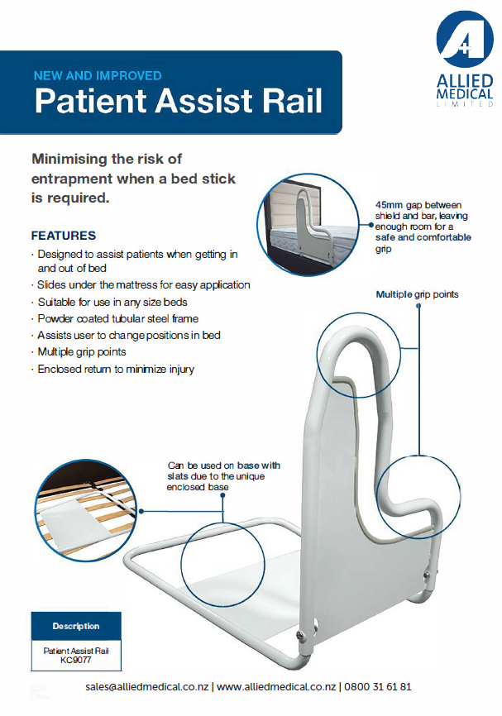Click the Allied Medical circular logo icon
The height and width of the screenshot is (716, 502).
click(x=465, y=40)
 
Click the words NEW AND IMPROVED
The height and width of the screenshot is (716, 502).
click(x=98, y=75)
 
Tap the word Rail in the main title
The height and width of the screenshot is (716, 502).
click(x=290, y=101)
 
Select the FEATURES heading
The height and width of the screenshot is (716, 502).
click(x=64, y=236)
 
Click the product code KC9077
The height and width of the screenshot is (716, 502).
click(x=76, y=660)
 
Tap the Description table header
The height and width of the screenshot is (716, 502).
click(x=76, y=626)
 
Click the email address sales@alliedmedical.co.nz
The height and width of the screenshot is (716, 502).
click(x=146, y=687)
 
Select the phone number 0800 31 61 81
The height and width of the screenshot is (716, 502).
click(x=378, y=687)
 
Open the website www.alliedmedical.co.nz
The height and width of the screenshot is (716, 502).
click(x=276, y=687)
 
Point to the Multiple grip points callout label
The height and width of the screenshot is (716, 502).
click(x=417, y=294)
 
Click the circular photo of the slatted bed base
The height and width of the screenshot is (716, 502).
click(x=87, y=510)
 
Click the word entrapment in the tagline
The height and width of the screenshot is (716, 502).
click(x=72, y=179)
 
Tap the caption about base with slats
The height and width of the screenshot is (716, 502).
click(x=223, y=476)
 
